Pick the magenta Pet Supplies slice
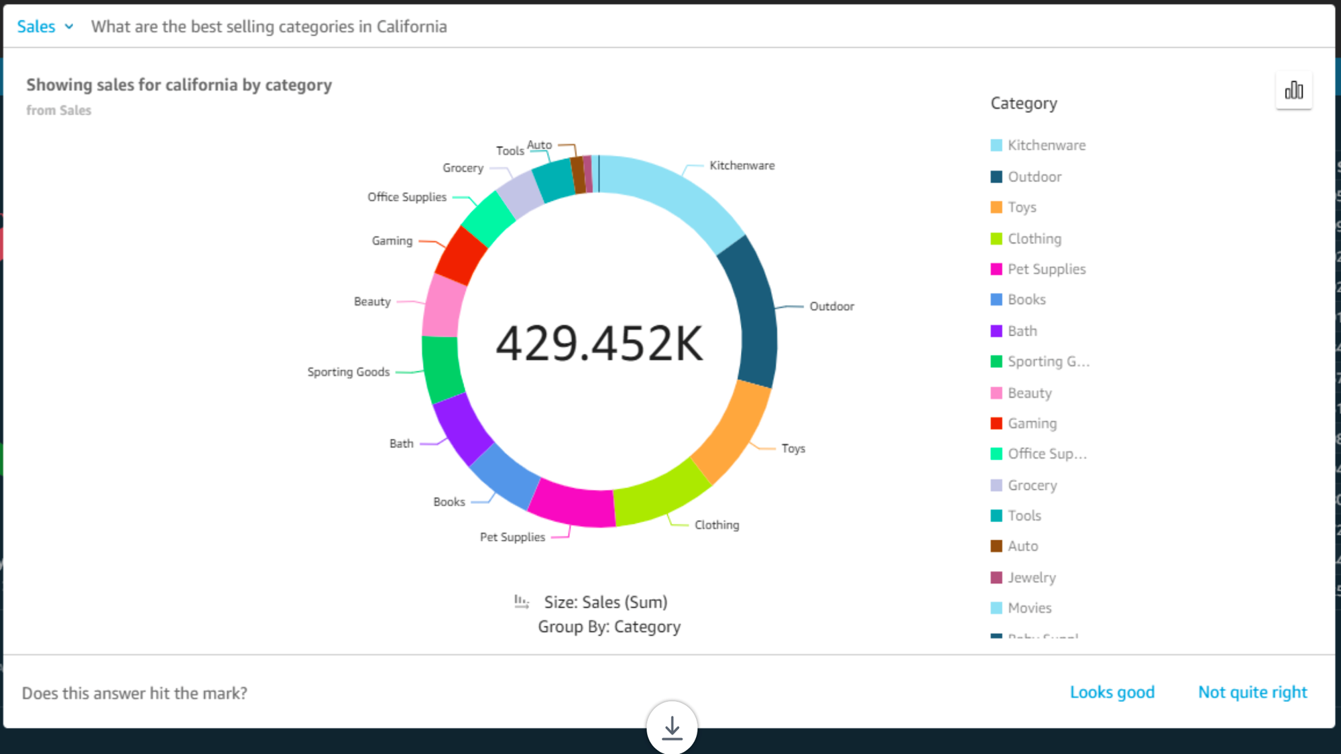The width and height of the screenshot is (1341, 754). point(572,504)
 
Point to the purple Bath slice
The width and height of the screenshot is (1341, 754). point(462,428)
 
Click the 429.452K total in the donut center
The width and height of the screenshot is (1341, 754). point(599,343)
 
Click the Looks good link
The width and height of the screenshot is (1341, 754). point(1112,692)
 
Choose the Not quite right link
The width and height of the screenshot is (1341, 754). point(1252,692)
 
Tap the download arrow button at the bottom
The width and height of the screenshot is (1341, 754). point(672,727)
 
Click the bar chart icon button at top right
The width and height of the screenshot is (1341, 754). point(1293,90)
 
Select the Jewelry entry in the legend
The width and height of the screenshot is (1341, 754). point(1031,577)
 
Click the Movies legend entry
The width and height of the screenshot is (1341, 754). point(1029,608)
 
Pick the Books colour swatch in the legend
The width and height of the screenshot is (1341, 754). point(996,300)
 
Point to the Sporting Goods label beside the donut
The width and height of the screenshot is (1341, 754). point(348,372)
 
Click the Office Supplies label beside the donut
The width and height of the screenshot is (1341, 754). point(406,197)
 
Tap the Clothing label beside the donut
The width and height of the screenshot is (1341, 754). point(716,525)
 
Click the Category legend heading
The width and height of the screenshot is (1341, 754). point(1023,103)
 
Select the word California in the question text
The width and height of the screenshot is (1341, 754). point(411,27)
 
